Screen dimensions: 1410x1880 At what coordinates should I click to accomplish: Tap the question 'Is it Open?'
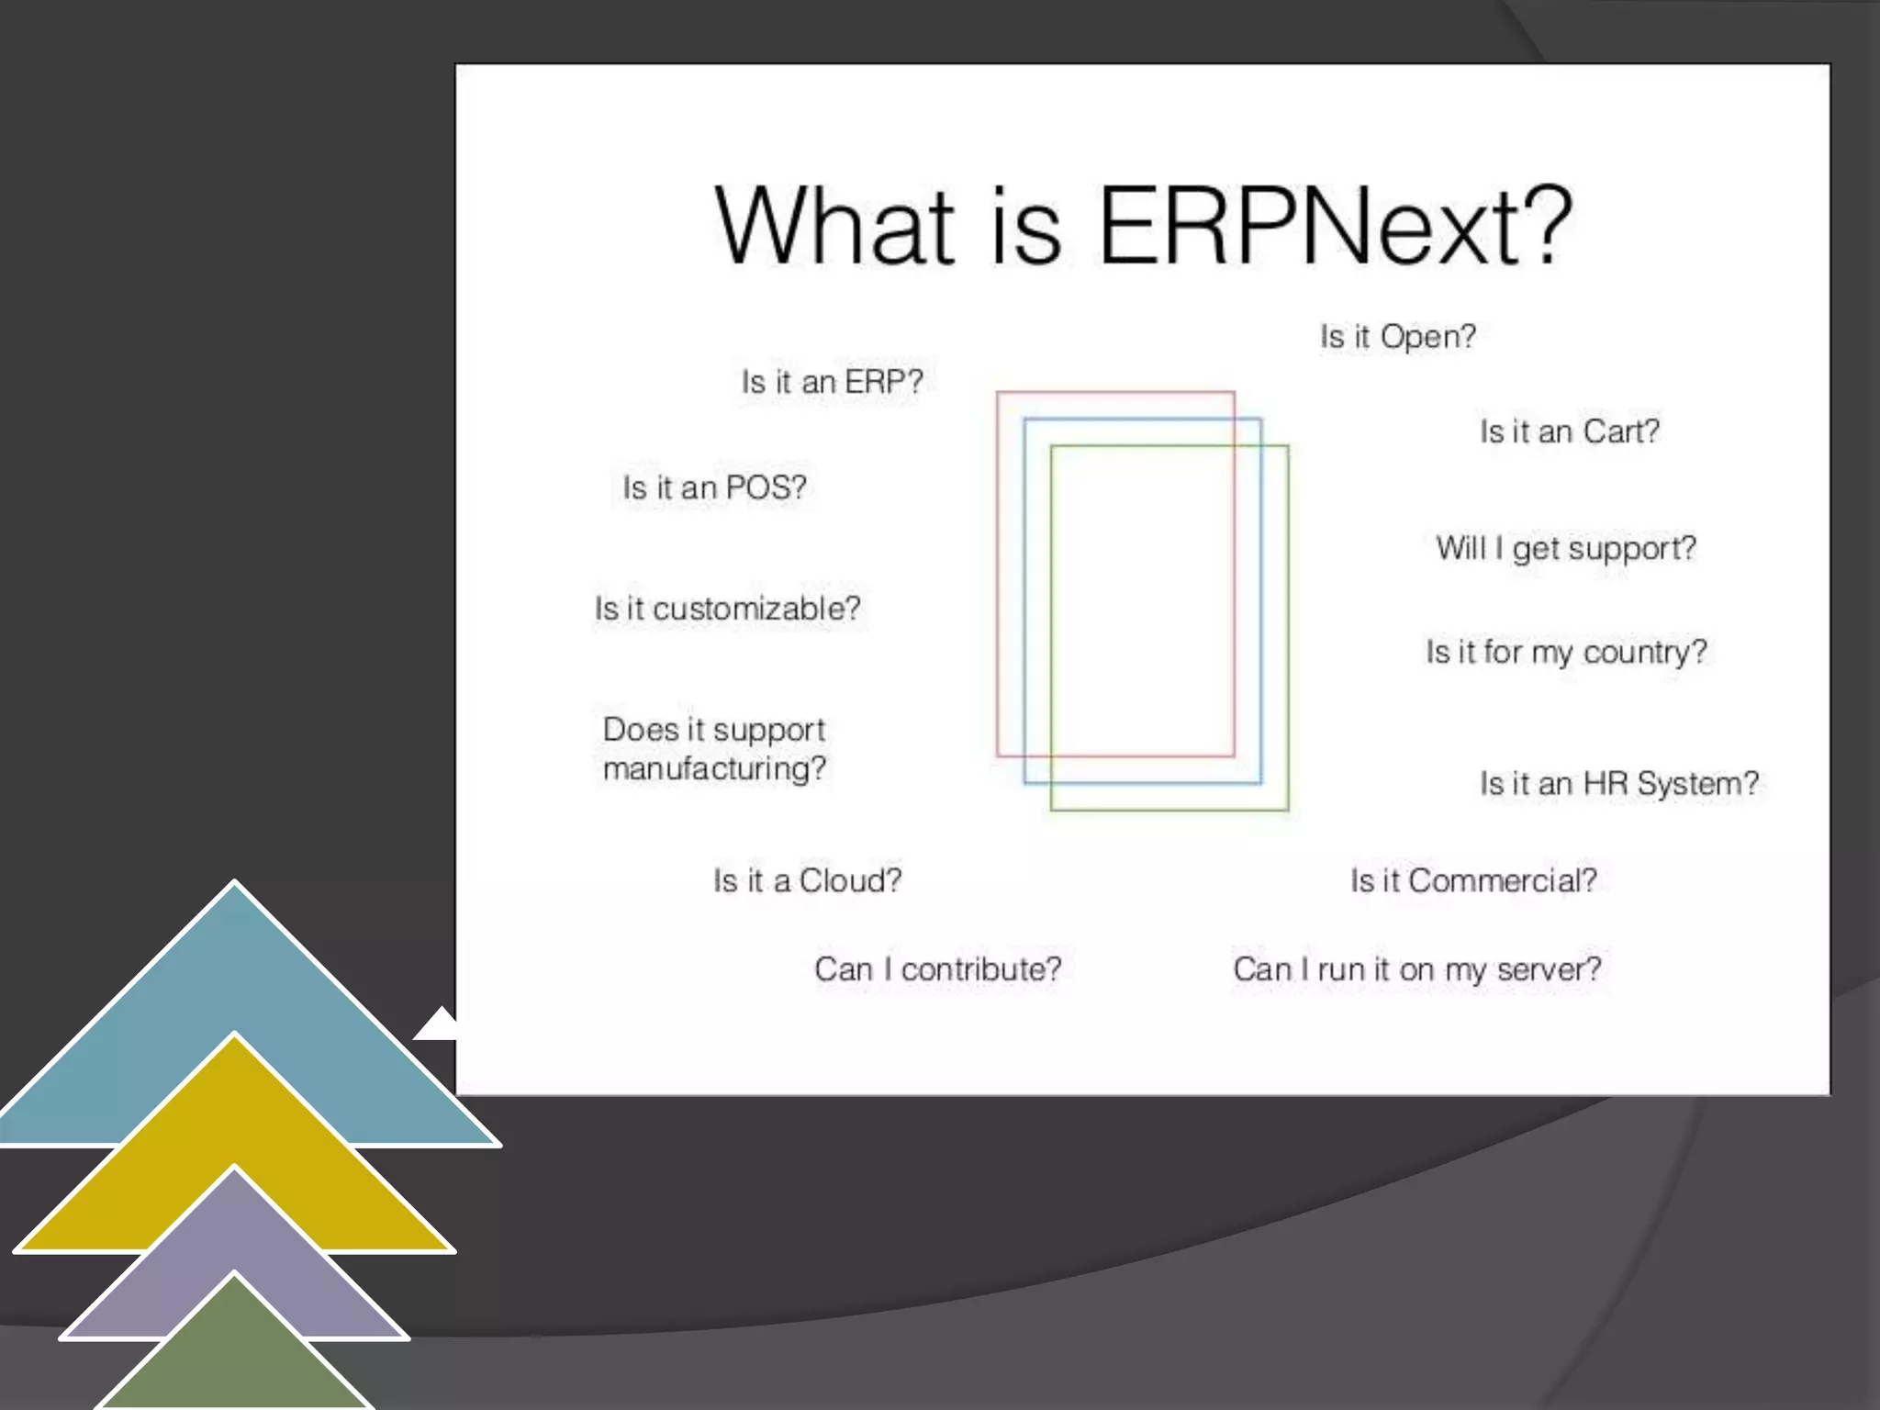click(1398, 337)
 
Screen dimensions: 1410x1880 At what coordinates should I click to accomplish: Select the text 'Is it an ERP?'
click(832, 382)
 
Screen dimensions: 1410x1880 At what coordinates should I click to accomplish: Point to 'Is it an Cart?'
click(1570, 431)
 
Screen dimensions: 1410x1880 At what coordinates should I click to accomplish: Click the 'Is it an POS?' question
click(714, 487)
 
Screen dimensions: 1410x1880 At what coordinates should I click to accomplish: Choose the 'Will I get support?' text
click(1566, 549)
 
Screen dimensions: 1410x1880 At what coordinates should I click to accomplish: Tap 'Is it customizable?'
click(727, 609)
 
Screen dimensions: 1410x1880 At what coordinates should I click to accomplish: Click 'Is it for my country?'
click(1566, 653)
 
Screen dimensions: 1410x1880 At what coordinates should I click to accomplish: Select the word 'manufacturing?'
click(714, 768)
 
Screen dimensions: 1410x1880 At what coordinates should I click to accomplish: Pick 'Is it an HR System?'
click(1619, 784)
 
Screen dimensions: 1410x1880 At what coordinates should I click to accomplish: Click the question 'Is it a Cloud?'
click(807, 881)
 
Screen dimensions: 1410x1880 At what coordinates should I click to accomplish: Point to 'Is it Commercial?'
click(1473, 881)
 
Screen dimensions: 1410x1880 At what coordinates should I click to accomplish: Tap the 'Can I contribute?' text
click(937, 969)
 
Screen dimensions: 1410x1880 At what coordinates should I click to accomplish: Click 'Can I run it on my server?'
click(1416, 969)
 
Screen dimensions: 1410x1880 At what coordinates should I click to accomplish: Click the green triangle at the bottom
click(235, 1359)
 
